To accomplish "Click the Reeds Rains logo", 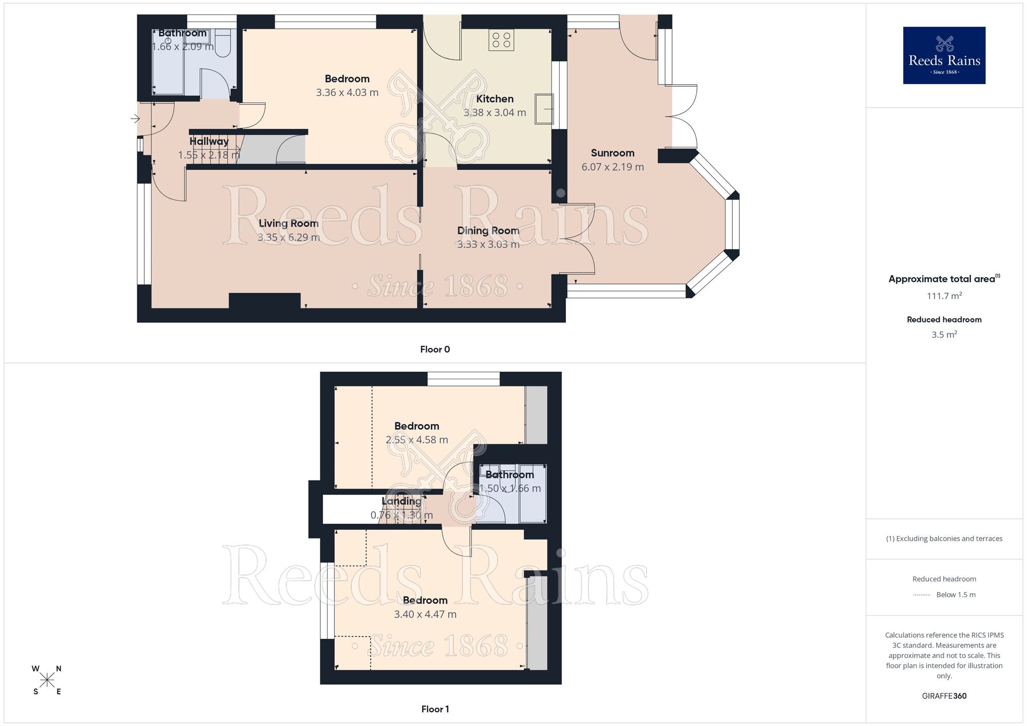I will pyautogui.click(x=944, y=55).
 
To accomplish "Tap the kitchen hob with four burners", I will pyautogui.click(x=501, y=40).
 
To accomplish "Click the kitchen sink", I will pyautogui.click(x=544, y=108).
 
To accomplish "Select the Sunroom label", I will pyautogui.click(x=612, y=153).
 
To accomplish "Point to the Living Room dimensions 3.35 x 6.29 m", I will pyautogui.click(x=289, y=237).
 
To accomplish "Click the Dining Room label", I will pyautogui.click(x=488, y=231).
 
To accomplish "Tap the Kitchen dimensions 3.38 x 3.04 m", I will pyautogui.click(x=495, y=112).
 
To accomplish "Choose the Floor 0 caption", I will pyautogui.click(x=435, y=350).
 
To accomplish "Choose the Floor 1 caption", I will pyautogui.click(x=435, y=709).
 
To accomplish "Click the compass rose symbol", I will pyautogui.click(x=47, y=680).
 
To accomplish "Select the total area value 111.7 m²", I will pyautogui.click(x=944, y=296).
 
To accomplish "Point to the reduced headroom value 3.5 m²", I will pyautogui.click(x=944, y=335).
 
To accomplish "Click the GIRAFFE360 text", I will pyautogui.click(x=944, y=696).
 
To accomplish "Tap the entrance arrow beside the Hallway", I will pyautogui.click(x=135, y=119).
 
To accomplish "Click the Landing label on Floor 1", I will pyautogui.click(x=401, y=501).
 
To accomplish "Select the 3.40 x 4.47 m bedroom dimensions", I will pyautogui.click(x=425, y=614).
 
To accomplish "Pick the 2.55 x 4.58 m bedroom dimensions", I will pyautogui.click(x=416, y=440).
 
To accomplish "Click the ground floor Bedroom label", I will pyautogui.click(x=347, y=79).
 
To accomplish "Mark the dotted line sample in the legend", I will pyautogui.click(x=922, y=595).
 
